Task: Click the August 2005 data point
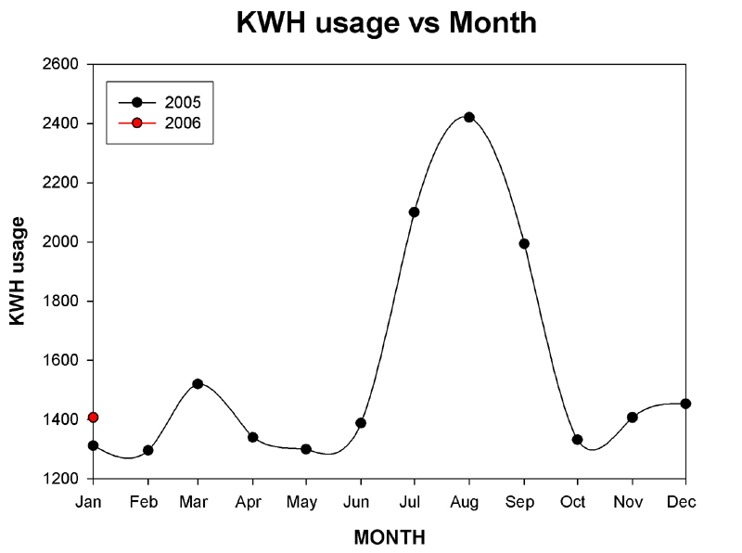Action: [x=469, y=117]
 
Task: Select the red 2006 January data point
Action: [x=93, y=418]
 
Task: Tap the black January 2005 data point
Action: [x=93, y=445]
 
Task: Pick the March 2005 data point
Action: [x=198, y=383]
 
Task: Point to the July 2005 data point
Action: [x=415, y=212]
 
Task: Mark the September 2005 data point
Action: [x=524, y=243]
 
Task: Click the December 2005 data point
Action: [x=685, y=404]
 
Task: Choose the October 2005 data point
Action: [x=577, y=439]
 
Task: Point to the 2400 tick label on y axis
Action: [x=62, y=123]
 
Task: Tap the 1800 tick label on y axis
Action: [x=62, y=302]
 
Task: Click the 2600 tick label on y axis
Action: [x=62, y=64]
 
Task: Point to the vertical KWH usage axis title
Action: [x=18, y=270]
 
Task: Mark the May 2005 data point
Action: [x=306, y=449]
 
